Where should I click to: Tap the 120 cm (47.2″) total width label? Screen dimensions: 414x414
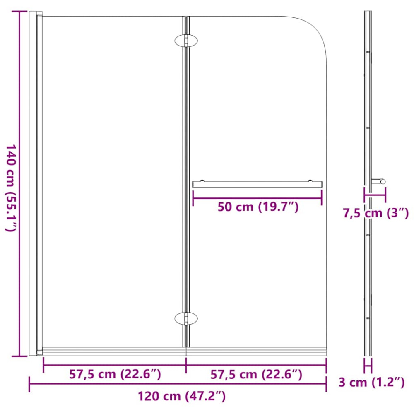coord(182,396)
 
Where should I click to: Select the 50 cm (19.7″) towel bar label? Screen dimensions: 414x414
coord(258,207)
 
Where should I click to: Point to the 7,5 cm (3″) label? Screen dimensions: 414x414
coord(376,213)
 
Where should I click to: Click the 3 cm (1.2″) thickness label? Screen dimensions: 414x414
coord(371,382)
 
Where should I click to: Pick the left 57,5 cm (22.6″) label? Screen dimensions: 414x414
coord(115,374)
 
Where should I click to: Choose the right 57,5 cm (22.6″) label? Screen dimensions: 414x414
coord(256,374)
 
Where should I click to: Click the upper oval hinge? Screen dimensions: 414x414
coord(186,41)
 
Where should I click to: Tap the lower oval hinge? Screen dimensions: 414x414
coord(186,319)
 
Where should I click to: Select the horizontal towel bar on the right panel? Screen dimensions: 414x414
coord(257,184)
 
